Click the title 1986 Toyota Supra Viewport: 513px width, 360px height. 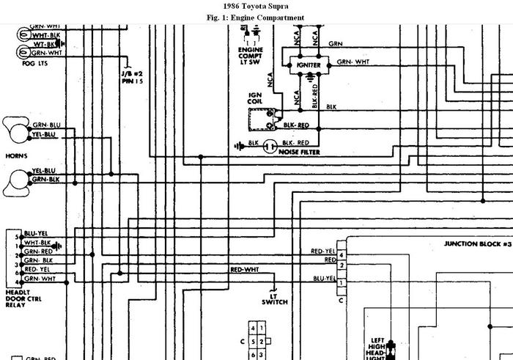point(256,7)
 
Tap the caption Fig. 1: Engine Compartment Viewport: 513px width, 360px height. point(256,18)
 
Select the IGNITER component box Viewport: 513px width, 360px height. point(309,64)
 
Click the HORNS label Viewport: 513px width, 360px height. point(16,157)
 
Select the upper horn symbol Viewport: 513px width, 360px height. point(17,131)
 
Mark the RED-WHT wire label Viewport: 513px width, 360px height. point(245,270)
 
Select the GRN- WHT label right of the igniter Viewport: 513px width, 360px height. point(354,63)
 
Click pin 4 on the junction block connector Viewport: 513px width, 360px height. point(341,254)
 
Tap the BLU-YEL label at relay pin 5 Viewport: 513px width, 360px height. point(35,232)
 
